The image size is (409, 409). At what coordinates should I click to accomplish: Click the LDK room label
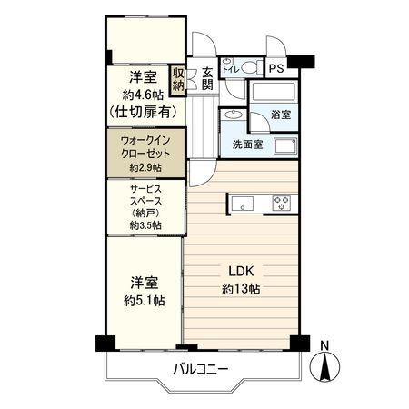click(241, 270)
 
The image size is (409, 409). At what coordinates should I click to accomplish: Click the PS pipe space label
click(276, 66)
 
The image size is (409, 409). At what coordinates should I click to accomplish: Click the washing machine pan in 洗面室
click(285, 147)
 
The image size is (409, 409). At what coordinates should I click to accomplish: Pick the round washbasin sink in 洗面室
click(232, 116)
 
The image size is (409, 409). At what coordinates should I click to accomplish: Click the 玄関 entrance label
click(206, 78)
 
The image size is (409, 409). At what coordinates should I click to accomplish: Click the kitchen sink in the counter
click(244, 202)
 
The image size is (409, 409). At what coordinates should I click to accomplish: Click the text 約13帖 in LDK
click(241, 289)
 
